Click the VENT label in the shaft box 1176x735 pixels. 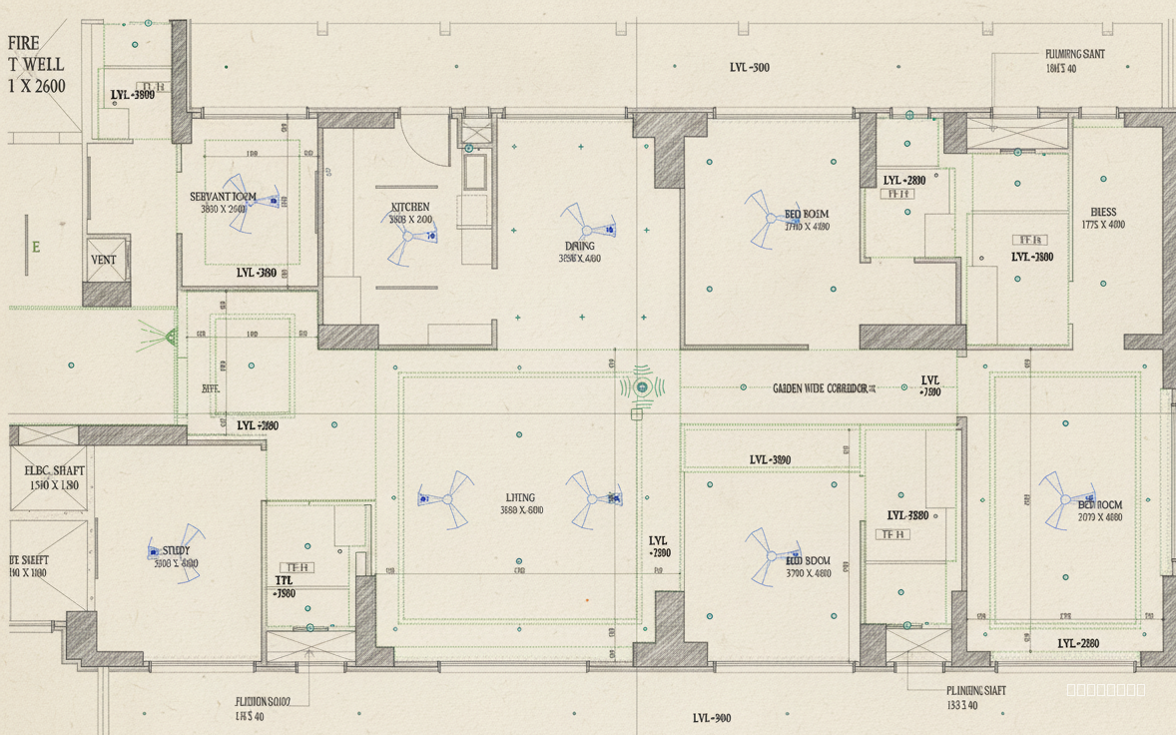104,260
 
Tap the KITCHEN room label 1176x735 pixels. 410,207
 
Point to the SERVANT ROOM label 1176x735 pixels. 223,197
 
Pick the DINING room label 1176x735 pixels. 579,246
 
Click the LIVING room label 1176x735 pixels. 520,497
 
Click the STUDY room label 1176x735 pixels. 176,550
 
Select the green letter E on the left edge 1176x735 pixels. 36,247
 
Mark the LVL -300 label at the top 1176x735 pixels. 749,68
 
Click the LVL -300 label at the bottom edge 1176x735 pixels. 712,718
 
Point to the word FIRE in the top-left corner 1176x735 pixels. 24,44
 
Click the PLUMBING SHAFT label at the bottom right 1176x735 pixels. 975,690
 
